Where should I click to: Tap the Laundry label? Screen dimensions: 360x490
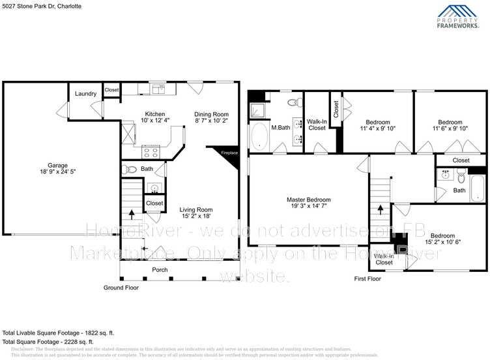tap(86, 94)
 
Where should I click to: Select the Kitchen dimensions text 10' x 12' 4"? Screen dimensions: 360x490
tap(155, 121)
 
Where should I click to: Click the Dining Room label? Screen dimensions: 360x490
tap(212, 114)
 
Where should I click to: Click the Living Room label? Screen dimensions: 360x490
tap(196, 209)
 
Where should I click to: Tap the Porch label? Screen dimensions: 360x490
tap(160, 269)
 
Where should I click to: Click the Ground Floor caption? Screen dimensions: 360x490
tap(122, 287)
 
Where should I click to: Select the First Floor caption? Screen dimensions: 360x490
tap(367, 278)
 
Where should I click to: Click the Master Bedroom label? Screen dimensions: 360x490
tap(309, 200)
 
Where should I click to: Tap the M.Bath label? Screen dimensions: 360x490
tap(280, 127)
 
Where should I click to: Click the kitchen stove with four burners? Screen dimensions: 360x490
tap(151, 153)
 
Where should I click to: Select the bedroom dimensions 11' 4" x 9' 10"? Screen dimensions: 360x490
tap(378, 128)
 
